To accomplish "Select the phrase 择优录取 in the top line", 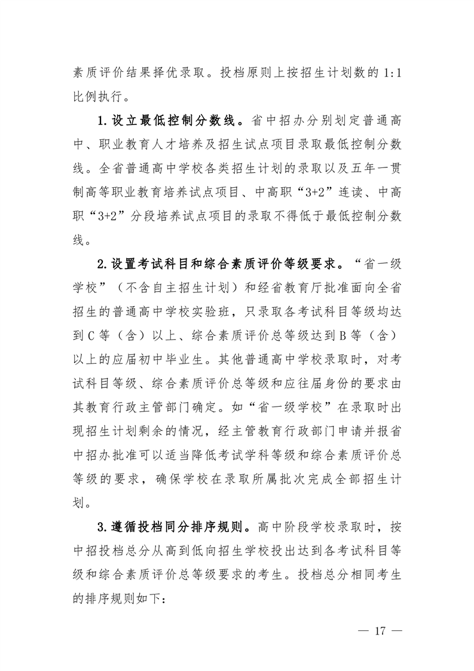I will pyautogui.click(x=184, y=73).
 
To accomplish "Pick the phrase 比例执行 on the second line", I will pyautogui.click(x=99, y=98).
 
